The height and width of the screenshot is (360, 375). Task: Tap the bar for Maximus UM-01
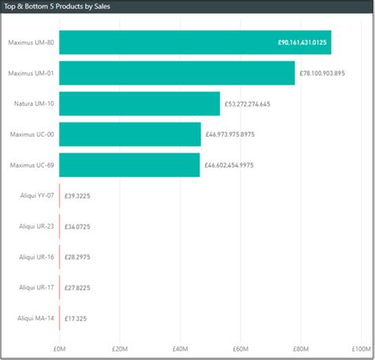pos(176,73)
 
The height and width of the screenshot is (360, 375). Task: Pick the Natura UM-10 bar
pos(139,104)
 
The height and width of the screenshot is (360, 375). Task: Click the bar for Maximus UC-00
pos(130,135)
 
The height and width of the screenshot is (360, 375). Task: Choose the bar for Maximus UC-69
pos(129,165)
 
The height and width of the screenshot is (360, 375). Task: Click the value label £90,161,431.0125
pos(301,43)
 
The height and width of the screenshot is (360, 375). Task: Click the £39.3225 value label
pos(77,195)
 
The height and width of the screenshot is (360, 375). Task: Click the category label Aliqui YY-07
pos(36,195)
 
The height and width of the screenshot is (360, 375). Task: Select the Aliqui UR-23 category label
pos(36,226)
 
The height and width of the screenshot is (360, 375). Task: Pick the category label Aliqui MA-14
pos(36,319)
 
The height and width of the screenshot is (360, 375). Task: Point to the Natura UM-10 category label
pos(34,104)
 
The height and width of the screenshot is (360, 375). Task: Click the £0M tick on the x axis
pos(60,348)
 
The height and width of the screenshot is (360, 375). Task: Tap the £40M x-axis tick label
pos(180,348)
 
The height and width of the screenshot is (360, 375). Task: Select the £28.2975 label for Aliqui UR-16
pos(77,257)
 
